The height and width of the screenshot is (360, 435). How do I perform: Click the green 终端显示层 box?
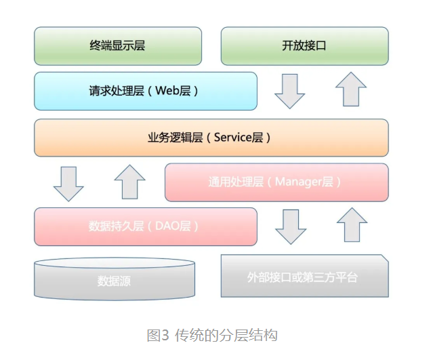point(118,46)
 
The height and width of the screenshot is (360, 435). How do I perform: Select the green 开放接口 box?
point(305,46)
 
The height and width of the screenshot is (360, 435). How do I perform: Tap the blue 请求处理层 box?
point(146,91)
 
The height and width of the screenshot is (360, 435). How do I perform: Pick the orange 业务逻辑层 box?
point(211,138)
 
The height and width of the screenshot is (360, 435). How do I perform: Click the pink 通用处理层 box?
point(276,182)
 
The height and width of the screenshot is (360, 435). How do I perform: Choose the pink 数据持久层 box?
point(146,226)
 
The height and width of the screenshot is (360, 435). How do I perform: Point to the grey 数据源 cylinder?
point(115,279)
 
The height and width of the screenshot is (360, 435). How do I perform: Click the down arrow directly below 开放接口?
point(290,90)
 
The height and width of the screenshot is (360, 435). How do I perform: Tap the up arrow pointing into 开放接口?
point(351,89)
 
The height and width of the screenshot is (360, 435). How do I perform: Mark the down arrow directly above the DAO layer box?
point(68,183)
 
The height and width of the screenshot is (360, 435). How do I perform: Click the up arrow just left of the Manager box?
point(130,182)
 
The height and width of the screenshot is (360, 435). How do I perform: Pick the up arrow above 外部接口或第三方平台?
point(352,225)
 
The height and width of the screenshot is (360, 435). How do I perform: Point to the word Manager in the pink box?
point(298,182)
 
